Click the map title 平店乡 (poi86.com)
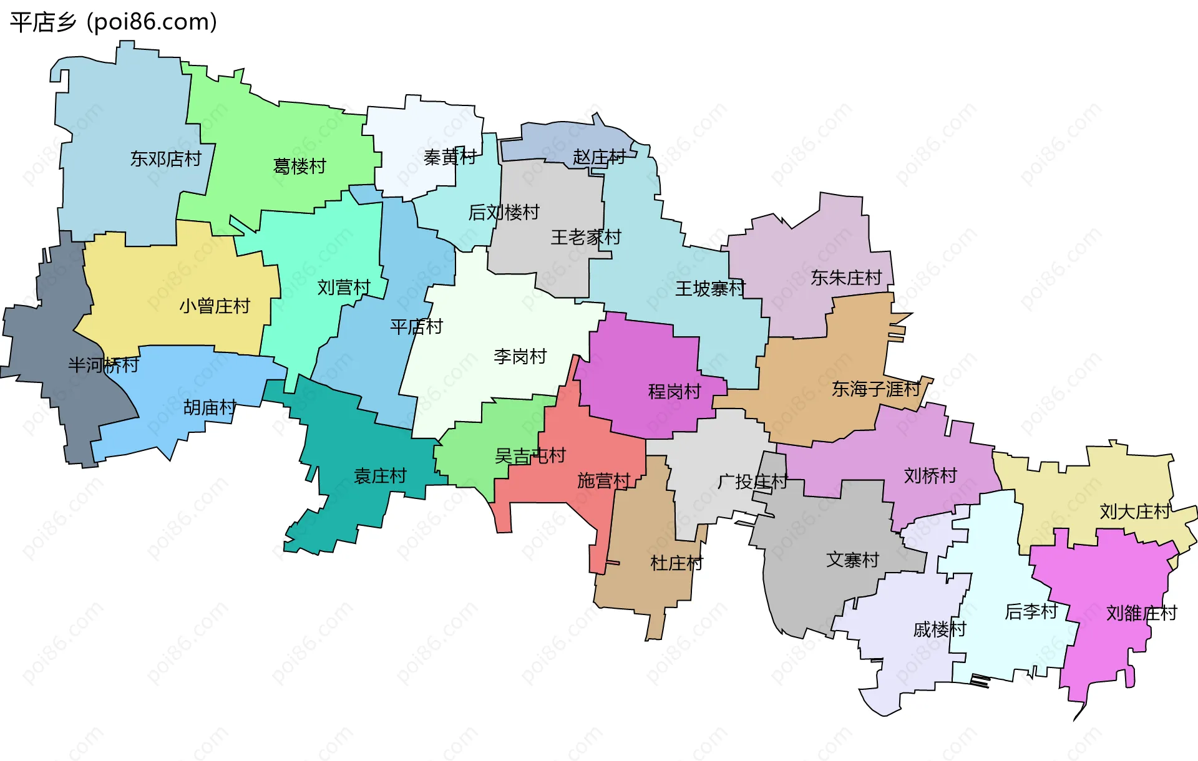[x=114, y=22]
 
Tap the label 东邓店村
[x=165, y=159]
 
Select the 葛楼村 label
[x=299, y=166]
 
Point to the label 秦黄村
[x=450, y=157]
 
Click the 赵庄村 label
[x=599, y=157]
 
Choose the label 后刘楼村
[x=504, y=213]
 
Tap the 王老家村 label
[x=586, y=237]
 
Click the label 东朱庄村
[x=846, y=278]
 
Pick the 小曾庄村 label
[x=215, y=306]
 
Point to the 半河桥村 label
[x=104, y=365]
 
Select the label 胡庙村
[x=210, y=407]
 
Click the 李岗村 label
[x=520, y=356]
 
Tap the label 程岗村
[x=674, y=391]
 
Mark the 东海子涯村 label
[x=876, y=389]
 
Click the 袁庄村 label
[x=380, y=476]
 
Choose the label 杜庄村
[x=676, y=563]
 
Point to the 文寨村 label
[x=852, y=560]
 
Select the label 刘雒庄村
[x=1141, y=613]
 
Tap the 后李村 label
[x=1031, y=611]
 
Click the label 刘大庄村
[x=1134, y=511]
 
